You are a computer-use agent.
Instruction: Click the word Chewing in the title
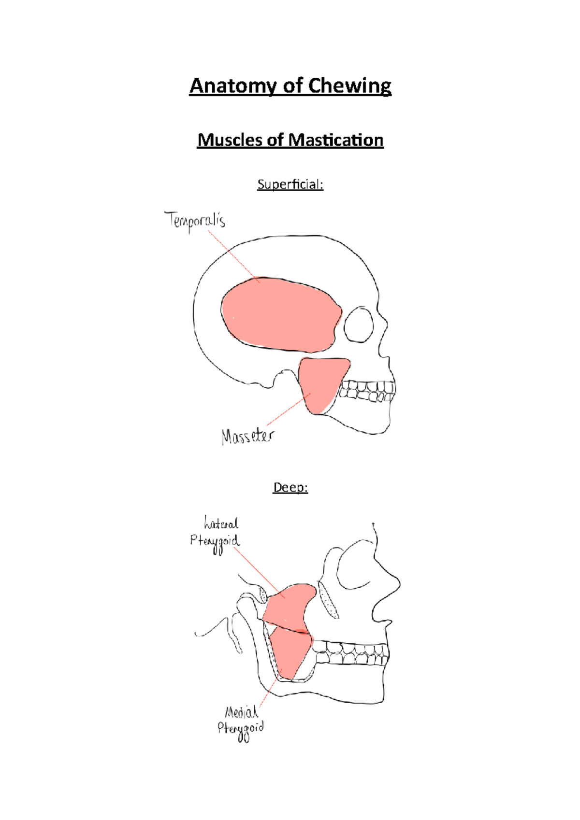click(349, 86)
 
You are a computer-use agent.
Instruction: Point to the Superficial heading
click(290, 184)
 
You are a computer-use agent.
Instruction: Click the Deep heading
click(290, 487)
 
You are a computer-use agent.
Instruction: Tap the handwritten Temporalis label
click(195, 221)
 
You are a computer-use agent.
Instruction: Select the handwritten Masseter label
click(247, 436)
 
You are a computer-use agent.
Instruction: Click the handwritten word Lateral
click(221, 523)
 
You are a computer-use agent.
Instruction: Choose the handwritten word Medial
click(241, 711)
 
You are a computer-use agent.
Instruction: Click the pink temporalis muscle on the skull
click(280, 314)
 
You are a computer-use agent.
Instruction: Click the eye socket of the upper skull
click(359, 324)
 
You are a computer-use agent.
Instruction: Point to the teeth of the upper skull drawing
click(367, 391)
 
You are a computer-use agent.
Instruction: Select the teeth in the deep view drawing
click(350, 653)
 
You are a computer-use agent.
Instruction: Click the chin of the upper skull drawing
click(379, 427)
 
